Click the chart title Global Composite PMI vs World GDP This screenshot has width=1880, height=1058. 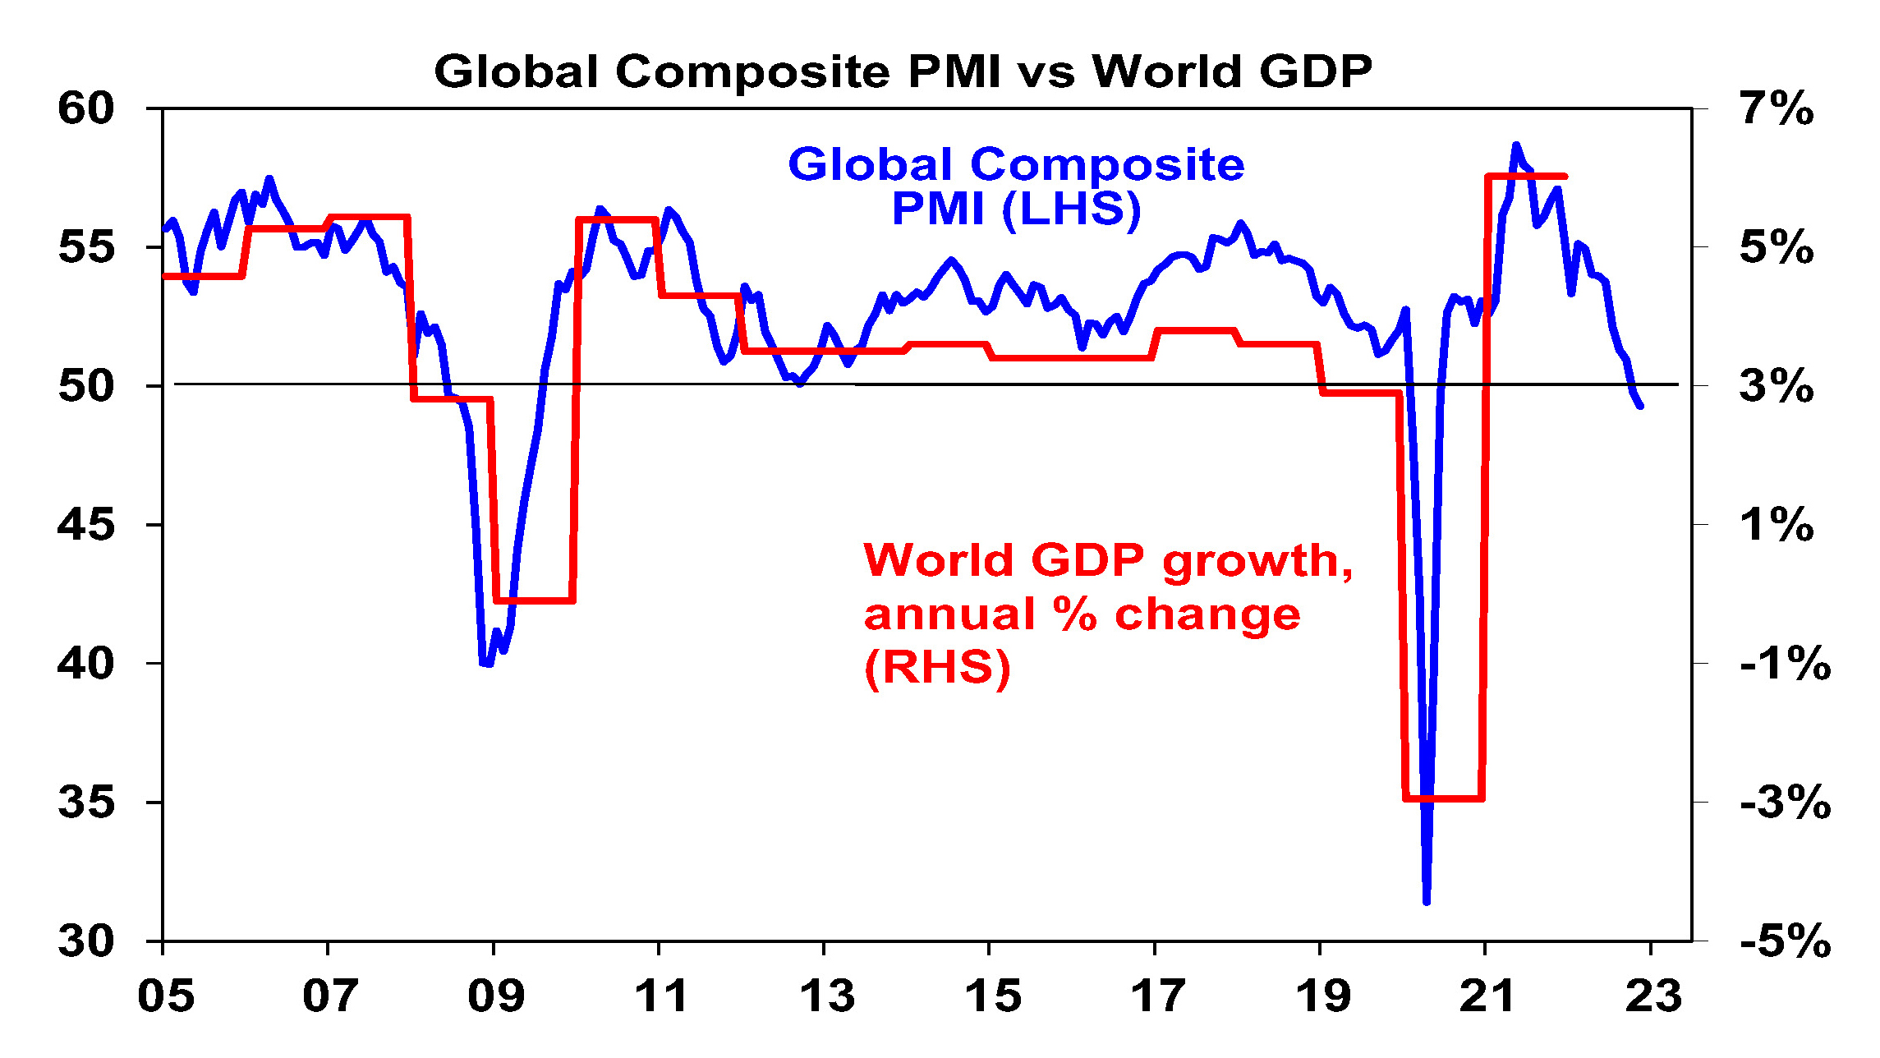click(x=903, y=71)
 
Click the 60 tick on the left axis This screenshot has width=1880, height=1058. click(x=85, y=108)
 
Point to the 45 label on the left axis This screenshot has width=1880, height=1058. click(x=85, y=524)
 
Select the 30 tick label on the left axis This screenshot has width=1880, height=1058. click(x=85, y=941)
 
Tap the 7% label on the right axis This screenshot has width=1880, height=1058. click(x=1777, y=108)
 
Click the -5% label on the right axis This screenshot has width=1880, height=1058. click(x=1785, y=941)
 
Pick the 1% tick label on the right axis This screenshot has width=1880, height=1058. click(x=1777, y=524)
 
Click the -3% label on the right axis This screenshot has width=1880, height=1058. click(x=1785, y=802)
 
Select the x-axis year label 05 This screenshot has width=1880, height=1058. click(x=166, y=996)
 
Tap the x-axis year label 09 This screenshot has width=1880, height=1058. click(x=496, y=996)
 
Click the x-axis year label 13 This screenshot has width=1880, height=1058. click(x=827, y=996)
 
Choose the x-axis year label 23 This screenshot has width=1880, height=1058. click(x=1653, y=996)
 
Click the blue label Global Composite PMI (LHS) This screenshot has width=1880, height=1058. click(x=1016, y=186)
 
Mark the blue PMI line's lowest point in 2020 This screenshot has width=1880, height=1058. click(x=1427, y=902)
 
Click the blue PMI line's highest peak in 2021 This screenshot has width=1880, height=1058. click(x=1516, y=145)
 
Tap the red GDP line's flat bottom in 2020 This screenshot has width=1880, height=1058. click(x=1444, y=798)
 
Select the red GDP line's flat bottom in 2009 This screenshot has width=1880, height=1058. click(x=534, y=600)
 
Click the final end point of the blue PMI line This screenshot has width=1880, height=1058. click(x=1640, y=406)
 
